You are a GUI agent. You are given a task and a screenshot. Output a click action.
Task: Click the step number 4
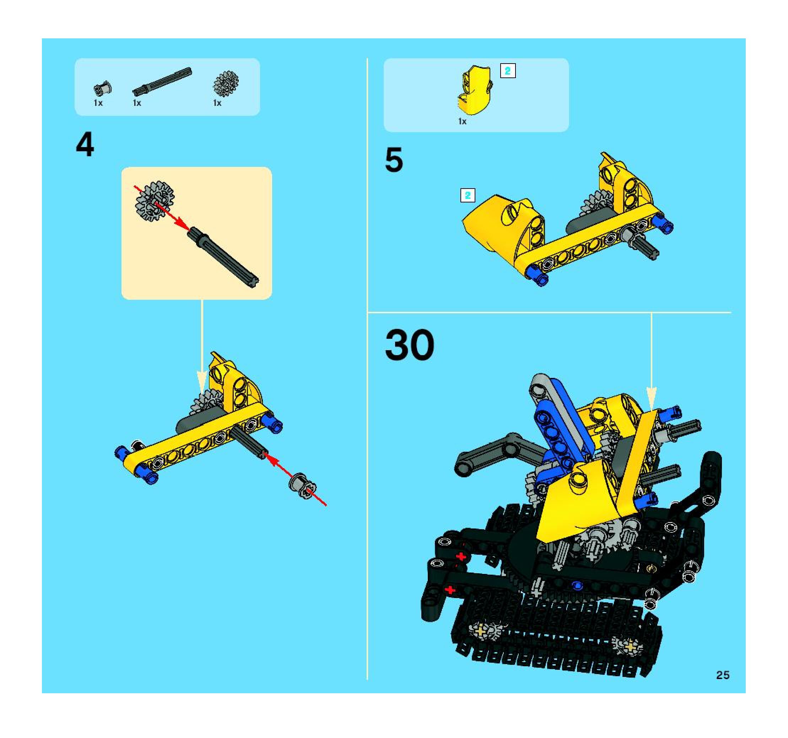(x=85, y=145)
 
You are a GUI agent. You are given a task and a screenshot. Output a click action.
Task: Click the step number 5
(x=394, y=160)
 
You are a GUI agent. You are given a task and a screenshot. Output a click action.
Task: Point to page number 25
(x=723, y=675)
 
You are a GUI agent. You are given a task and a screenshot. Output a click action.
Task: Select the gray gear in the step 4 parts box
(x=226, y=83)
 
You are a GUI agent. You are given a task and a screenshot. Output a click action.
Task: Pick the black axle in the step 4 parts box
(x=162, y=82)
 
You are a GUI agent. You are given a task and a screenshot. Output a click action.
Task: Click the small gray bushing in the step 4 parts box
(x=103, y=88)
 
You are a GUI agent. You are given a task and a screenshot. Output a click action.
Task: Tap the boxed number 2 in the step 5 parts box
(x=508, y=71)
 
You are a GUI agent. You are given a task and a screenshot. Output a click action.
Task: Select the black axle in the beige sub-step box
(x=223, y=256)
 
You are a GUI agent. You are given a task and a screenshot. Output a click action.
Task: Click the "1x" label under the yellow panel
(x=462, y=121)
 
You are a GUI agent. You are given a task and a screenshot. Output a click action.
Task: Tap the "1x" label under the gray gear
(x=217, y=103)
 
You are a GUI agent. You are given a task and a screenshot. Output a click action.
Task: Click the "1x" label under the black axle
(x=137, y=103)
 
